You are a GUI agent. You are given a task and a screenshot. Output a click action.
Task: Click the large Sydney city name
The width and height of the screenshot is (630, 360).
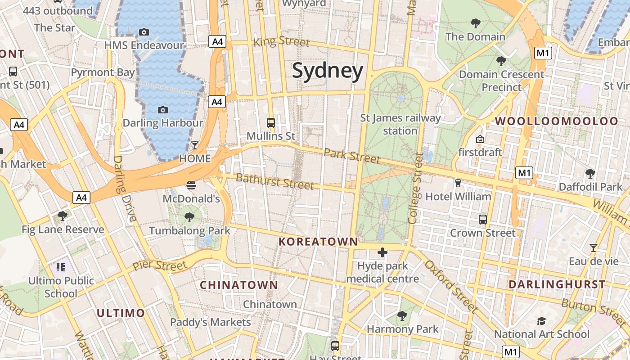[x=328, y=72]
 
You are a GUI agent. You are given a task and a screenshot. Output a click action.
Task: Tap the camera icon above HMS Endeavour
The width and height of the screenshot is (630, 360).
[x=144, y=32]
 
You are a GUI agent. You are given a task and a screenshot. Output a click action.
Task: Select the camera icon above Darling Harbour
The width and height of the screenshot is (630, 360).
[x=163, y=110]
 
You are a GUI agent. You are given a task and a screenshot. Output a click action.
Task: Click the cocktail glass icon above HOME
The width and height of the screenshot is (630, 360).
[x=194, y=145]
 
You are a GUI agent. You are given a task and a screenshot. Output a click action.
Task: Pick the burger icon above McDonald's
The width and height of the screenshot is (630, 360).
[x=191, y=185]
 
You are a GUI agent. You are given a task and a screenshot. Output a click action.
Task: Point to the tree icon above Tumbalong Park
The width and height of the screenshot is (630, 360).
[x=189, y=218]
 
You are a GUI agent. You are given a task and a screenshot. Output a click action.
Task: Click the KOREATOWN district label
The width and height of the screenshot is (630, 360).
[x=318, y=242]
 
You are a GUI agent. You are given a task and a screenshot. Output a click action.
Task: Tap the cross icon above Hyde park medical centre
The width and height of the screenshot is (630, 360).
[x=382, y=252]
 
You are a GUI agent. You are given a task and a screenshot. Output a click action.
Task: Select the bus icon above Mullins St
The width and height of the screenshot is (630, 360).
[x=271, y=122]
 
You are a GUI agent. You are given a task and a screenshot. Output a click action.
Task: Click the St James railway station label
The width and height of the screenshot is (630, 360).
[x=400, y=125]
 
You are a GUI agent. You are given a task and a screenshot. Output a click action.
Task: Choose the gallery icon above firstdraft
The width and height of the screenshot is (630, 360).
[x=480, y=139]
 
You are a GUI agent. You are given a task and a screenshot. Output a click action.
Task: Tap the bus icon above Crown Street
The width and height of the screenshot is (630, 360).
[x=483, y=220]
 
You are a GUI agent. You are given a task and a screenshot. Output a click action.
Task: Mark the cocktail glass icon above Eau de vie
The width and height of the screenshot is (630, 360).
[x=594, y=248]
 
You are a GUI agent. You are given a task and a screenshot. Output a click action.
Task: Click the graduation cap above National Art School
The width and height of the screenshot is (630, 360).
[x=541, y=321]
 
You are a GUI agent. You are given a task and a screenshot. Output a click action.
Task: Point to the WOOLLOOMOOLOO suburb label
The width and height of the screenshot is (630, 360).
[x=557, y=121]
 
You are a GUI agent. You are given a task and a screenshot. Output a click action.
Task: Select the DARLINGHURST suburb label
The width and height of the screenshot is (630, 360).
[x=557, y=284]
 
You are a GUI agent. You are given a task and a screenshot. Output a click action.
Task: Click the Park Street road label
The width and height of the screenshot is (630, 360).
[x=352, y=156]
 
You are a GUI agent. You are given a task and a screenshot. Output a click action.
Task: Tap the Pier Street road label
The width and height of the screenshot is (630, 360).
[x=160, y=265]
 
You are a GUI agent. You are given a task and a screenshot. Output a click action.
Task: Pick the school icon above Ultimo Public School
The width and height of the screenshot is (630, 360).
[x=61, y=268]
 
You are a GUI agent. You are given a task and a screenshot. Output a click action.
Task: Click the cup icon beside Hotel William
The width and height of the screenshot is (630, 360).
[x=458, y=183]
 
